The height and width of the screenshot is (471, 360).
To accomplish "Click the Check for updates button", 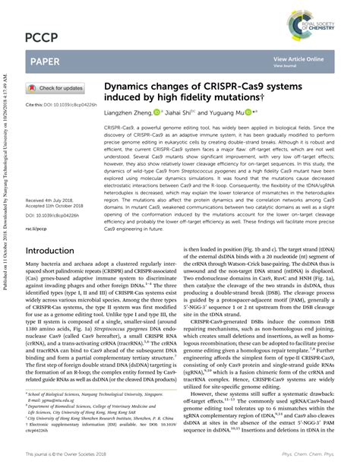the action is click(x=57, y=88).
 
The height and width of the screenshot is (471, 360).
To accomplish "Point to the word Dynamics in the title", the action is click(x=131, y=88).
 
